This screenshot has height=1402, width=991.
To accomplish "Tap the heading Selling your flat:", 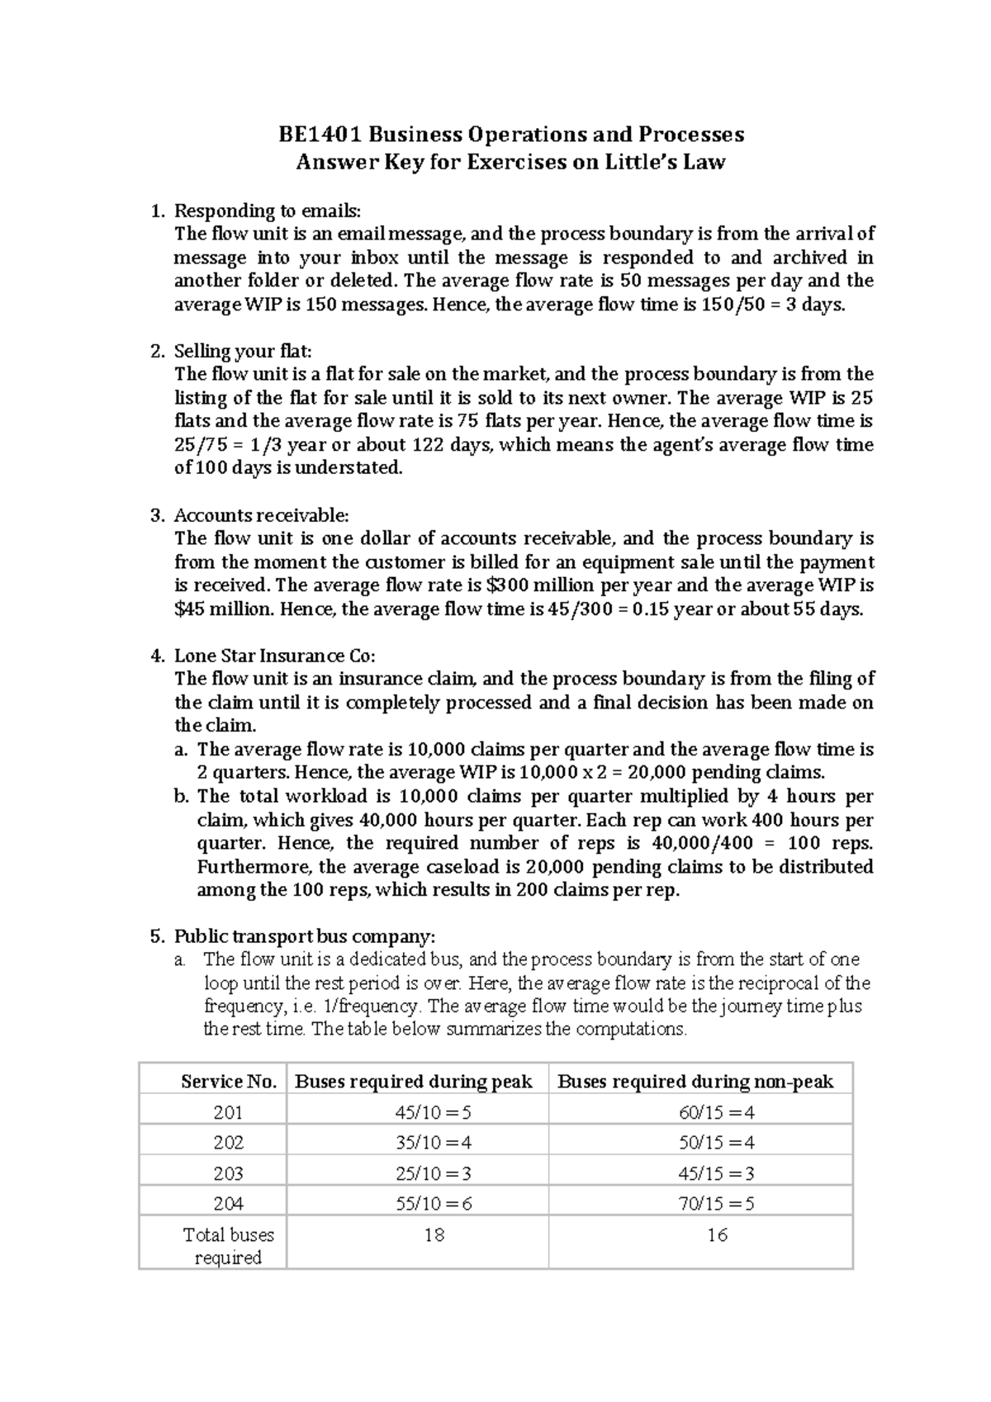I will click(244, 352).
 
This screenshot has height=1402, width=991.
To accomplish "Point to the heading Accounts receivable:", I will click(262, 515).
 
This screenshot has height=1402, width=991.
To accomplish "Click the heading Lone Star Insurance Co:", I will click(275, 656).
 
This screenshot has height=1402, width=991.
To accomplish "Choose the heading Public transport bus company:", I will click(304, 937).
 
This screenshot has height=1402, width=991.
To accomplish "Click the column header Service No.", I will click(229, 1082).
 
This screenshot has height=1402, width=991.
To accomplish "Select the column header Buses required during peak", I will click(414, 1082).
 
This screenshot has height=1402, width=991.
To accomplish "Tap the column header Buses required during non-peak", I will click(696, 1082).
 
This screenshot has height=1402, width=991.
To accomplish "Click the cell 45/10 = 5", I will click(434, 1113).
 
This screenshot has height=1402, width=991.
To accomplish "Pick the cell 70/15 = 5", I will click(717, 1204).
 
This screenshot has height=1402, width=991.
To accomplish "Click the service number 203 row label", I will click(229, 1173).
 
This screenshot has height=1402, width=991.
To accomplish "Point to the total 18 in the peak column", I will click(434, 1235).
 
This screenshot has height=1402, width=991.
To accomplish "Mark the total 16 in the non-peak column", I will click(717, 1235).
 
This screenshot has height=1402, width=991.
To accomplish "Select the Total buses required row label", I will click(229, 1246).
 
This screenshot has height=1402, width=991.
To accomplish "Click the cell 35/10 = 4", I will click(434, 1143).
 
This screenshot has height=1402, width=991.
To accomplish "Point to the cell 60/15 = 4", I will click(717, 1113).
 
